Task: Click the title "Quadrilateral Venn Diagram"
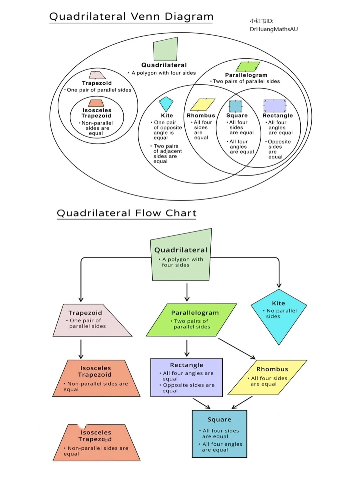(131, 17)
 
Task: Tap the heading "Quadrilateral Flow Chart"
(127, 213)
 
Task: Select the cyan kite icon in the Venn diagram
(166, 104)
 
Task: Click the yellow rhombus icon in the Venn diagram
(202, 105)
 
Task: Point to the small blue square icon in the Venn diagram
(235, 106)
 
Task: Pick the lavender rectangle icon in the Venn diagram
(275, 106)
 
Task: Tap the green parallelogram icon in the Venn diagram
(247, 67)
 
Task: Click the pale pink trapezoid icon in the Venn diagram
(97, 75)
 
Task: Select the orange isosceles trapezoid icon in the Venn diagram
(96, 103)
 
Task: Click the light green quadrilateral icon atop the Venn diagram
(165, 49)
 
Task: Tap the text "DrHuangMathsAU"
(273, 29)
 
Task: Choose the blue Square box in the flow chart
(219, 434)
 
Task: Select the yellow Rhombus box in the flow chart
(267, 377)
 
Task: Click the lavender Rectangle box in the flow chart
(186, 377)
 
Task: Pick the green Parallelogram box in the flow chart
(192, 320)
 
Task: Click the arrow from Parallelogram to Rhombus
(237, 349)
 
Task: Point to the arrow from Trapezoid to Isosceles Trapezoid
(81, 349)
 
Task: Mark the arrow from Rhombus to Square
(242, 403)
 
